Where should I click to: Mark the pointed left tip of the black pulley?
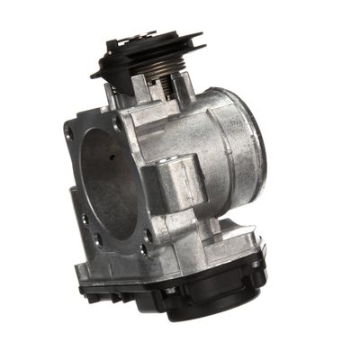94,73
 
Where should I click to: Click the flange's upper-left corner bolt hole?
69,130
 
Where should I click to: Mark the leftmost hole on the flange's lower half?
82,217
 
